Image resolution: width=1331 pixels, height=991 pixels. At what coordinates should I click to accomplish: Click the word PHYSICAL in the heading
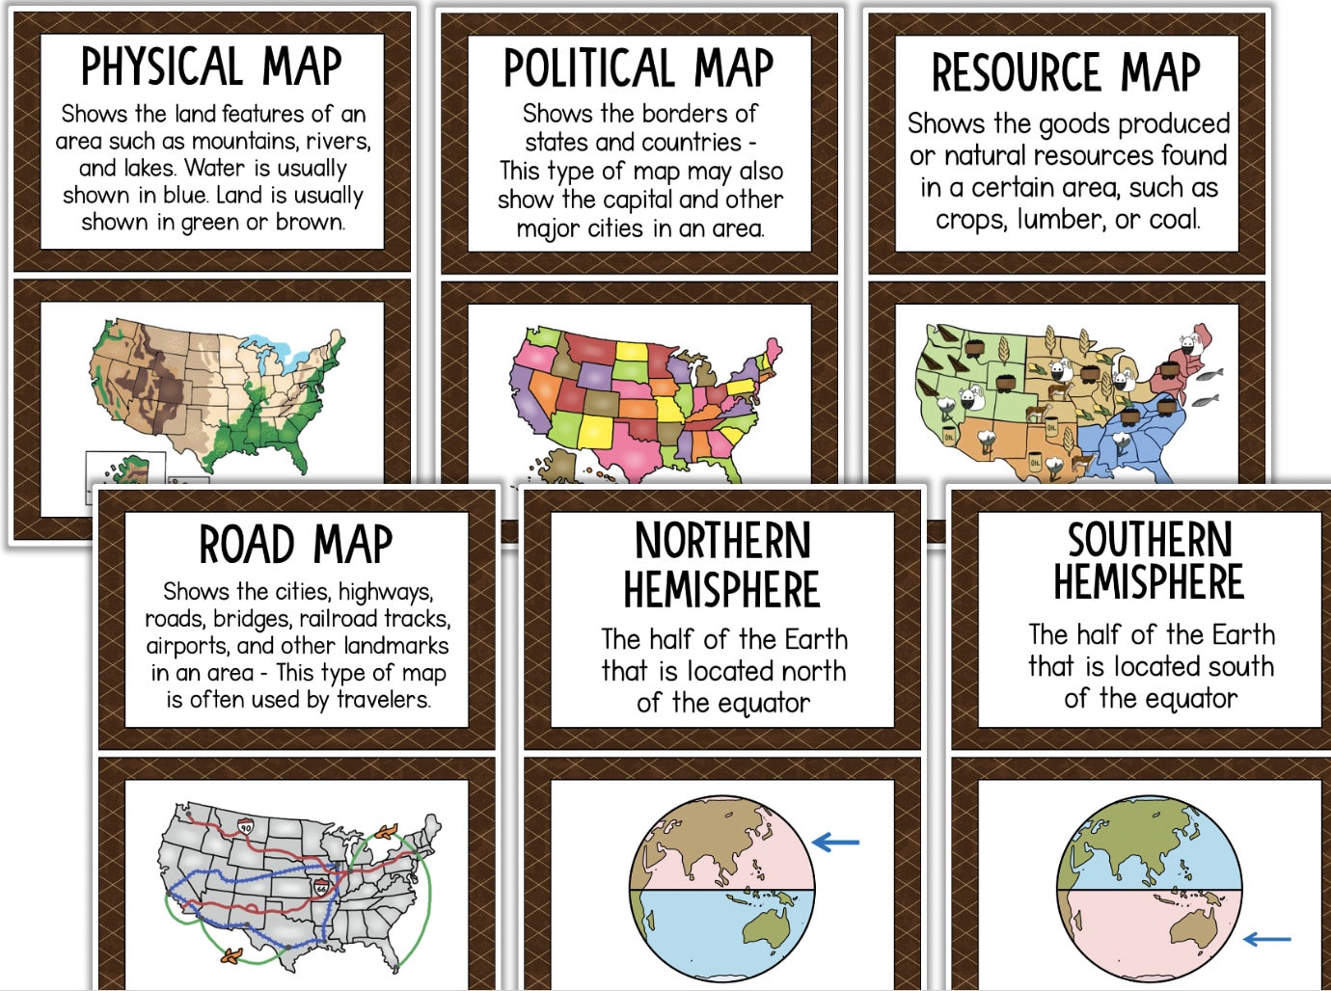click(x=159, y=67)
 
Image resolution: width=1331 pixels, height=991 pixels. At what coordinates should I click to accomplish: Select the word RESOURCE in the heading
click(x=1015, y=72)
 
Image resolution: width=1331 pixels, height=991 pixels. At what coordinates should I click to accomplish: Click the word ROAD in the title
click(x=246, y=545)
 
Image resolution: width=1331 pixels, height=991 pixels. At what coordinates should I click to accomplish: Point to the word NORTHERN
click(x=722, y=541)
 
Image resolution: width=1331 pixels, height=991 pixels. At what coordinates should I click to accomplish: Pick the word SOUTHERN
click(x=1150, y=539)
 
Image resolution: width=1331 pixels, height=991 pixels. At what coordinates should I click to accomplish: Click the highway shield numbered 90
click(x=245, y=826)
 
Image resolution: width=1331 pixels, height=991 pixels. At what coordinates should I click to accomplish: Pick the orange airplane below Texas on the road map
click(x=231, y=955)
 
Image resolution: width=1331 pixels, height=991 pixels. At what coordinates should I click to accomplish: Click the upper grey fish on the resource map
click(x=1214, y=374)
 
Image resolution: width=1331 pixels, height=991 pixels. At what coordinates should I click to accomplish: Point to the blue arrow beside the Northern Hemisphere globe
click(x=835, y=843)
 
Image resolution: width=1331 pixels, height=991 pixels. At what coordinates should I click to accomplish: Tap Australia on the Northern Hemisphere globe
click(x=768, y=927)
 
